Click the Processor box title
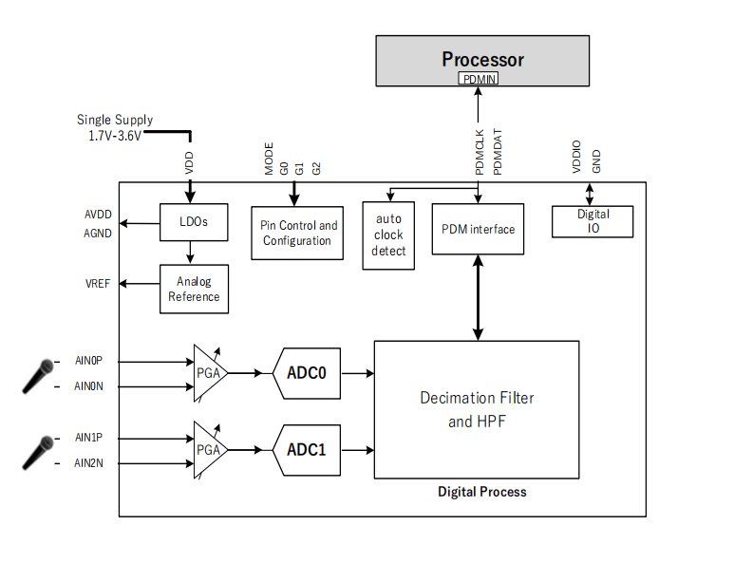point(482,59)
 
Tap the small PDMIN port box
point(479,79)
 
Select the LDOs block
point(193,222)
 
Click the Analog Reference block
point(194,289)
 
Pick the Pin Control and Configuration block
point(297,233)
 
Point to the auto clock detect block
point(388,235)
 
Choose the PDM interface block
point(478,229)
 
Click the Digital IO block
point(593,221)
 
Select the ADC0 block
point(306,373)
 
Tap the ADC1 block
point(306,449)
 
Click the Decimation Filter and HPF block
point(477,409)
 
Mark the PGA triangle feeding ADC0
point(208,373)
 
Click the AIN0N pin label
point(88,386)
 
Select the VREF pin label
point(99,283)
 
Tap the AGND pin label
point(98,233)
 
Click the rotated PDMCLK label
point(480,152)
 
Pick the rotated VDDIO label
point(575,157)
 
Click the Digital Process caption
point(481,492)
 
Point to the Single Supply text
point(115,121)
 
